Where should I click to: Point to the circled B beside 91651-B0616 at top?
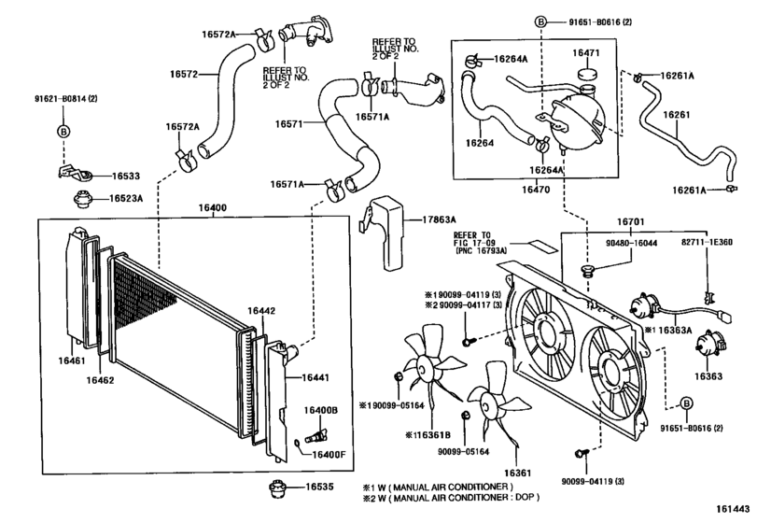pyautogui.click(x=540, y=21)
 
